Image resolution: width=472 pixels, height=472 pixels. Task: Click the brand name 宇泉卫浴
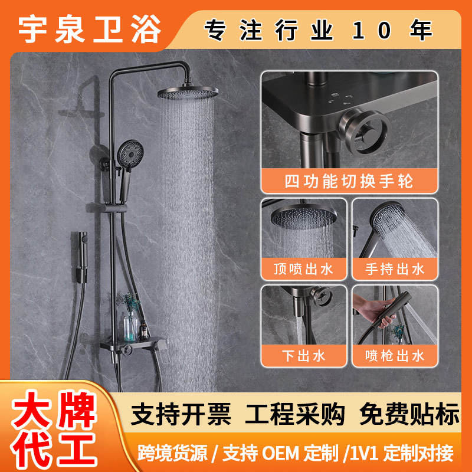pyautogui.click(x=90, y=29)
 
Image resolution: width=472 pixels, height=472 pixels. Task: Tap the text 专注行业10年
pyautogui.click(x=319, y=30)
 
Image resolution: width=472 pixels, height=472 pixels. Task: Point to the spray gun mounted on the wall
pyautogui.click(x=81, y=257)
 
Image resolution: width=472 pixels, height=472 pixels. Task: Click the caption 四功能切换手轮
pyautogui.click(x=349, y=181)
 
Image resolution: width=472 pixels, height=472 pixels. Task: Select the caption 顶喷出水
pyautogui.click(x=303, y=269)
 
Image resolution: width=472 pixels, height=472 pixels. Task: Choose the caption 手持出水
pyautogui.click(x=395, y=269)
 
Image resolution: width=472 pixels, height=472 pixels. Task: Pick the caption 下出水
pyautogui.click(x=303, y=356)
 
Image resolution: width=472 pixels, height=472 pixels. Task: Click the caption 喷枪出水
pyautogui.click(x=395, y=356)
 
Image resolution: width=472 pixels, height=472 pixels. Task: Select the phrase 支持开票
pyautogui.click(x=181, y=414)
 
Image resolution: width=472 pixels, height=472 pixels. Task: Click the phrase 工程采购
pyautogui.click(x=295, y=414)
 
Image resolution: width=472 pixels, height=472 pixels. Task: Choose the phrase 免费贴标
pyautogui.click(x=409, y=414)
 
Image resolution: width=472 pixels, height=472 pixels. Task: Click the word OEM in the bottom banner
pyautogui.click(x=280, y=453)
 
